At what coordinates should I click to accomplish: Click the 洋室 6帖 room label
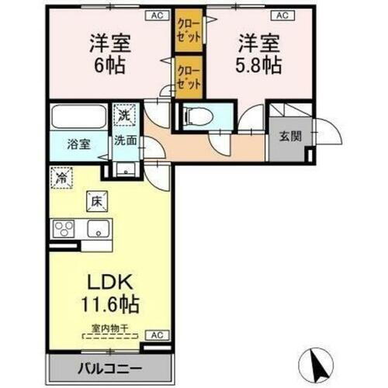coord(109,52)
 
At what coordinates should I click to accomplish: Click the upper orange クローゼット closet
coord(185,32)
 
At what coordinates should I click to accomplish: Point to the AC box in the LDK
coord(156,335)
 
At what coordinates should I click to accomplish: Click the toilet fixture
coord(199,117)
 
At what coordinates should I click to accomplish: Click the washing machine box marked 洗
coord(124,116)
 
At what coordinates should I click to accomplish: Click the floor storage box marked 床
coord(99,200)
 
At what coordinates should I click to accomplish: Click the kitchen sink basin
coord(99,228)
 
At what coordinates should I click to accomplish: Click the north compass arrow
coord(318,360)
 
